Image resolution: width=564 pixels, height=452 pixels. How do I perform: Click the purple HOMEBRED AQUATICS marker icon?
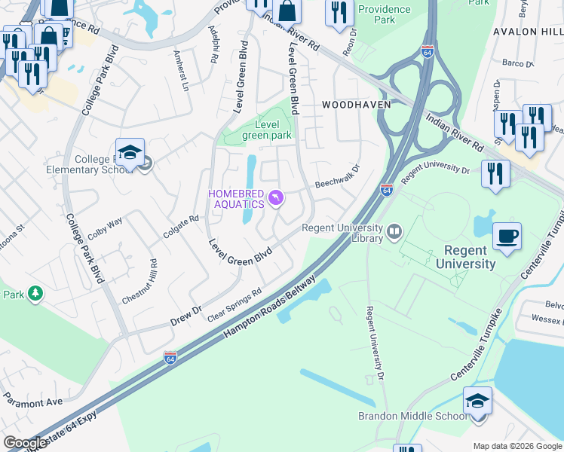pyautogui.click(x=277, y=197)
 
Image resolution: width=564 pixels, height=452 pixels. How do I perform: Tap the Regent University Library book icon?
pyautogui.click(x=393, y=231)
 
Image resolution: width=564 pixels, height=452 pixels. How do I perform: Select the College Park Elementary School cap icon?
pyautogui.click(x=130, y=151)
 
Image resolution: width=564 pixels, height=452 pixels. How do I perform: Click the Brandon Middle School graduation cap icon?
pyautogui.click(x=477, y=400)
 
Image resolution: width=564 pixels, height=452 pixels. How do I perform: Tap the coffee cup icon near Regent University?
pyautogui.click(x=507, y=236)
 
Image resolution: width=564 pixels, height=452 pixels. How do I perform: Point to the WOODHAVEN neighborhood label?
pyautogui.click(x=357, y=105)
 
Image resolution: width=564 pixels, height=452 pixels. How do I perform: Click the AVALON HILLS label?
pyautogui.click(x=527, y=32)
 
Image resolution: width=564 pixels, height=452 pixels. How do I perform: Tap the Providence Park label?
pyautogui.click(x=385, y=14)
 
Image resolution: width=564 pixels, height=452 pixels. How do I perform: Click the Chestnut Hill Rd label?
pyautogui.click(x=140, y=281)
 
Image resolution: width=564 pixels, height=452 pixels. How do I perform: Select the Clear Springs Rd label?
pyautogui.click(x=234, y=304)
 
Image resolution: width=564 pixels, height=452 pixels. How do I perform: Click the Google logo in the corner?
pyautogui.click(x=26, y=443)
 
